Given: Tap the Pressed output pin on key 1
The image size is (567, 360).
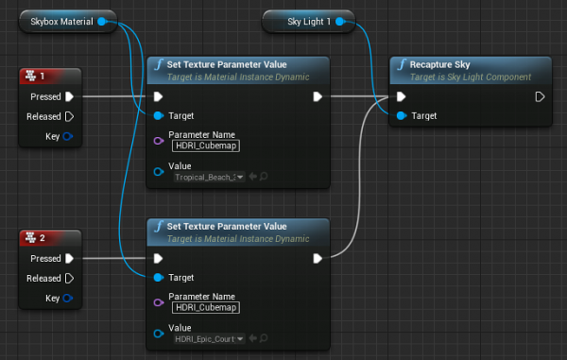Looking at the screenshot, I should pyautogui.click(x=70, y=96).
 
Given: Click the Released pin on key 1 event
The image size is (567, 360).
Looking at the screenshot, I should pyautogui.click(x=70, y=116).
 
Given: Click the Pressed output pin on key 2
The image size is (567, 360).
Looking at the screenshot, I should pyautogui.click(x=70, y=258).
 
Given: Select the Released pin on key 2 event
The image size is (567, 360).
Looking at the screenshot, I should pyautogui.click(x=70, y=279).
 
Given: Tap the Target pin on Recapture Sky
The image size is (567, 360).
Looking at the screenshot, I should pyautogui.click(x=402, y=115).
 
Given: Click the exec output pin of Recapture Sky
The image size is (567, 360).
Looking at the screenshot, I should pyautogui.click(x=540, y=96).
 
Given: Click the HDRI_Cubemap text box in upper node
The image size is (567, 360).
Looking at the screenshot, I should pyautogui.click(x=206, y=146).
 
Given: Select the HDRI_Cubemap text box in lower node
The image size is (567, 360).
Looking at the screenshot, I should pyautogui.click(x=206, y=307).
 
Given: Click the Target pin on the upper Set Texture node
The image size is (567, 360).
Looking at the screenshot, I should pyautogui.click(x=158, y=115).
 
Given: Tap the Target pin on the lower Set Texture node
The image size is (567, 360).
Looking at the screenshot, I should pyautogui.click(x=158, y=278).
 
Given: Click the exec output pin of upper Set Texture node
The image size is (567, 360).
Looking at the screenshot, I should pyautogui.click(x=318, y=96).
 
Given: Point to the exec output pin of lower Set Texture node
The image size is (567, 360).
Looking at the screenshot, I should pyautogui.click(x=318, y=258).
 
